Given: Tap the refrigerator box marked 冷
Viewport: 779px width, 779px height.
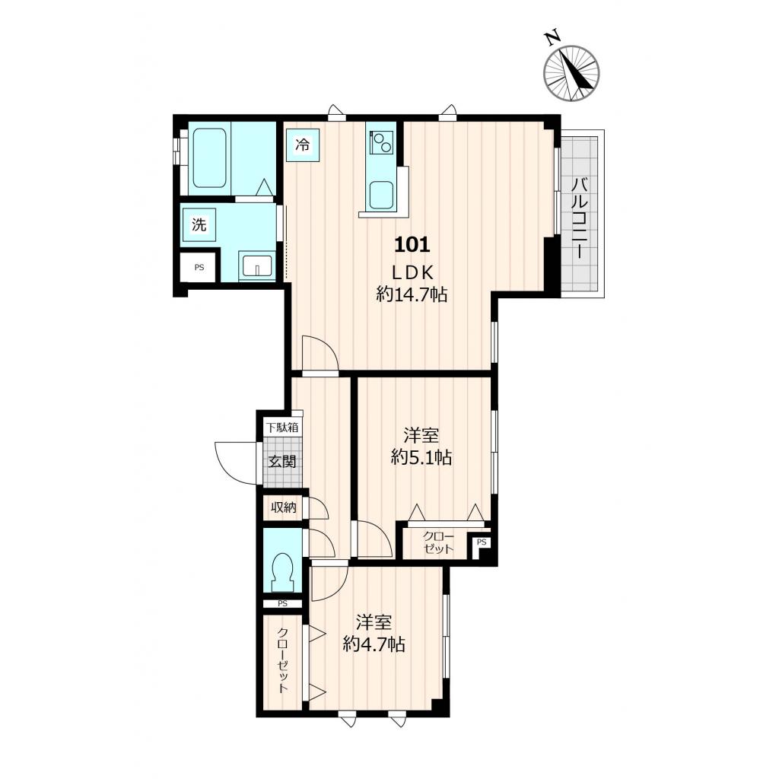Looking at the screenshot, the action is pos(303,145).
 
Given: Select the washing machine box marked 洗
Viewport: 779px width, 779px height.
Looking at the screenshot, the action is pos(199,225).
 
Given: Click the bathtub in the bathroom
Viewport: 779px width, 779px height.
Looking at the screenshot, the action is pos(210,158).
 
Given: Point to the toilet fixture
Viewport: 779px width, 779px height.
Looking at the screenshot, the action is pos(283,572).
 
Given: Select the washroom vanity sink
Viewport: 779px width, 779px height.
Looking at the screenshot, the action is pos(257,265).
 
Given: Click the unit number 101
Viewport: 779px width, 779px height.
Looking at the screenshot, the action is pos(412,244).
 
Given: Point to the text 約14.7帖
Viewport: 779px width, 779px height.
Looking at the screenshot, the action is pos(412,294).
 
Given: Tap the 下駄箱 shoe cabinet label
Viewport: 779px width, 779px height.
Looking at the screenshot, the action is pos(282,428).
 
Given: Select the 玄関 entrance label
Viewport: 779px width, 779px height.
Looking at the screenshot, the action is pos(282,462).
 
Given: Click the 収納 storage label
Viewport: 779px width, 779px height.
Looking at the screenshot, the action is pos(283,507).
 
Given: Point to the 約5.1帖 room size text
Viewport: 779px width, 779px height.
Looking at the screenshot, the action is pos(421,457).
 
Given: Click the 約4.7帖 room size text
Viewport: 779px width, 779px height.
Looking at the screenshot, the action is pos(374,644).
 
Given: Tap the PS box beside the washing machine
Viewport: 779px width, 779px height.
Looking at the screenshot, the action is pos(199,267).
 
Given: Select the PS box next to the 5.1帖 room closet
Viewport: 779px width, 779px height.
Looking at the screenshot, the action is pos(482,542).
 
